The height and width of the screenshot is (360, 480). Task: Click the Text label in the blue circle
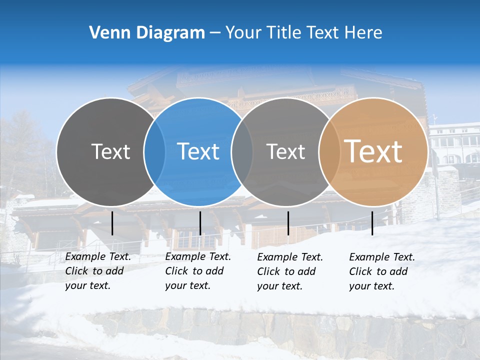[x=198, y=151]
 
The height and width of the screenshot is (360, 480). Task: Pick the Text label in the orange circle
[x=373, y=151]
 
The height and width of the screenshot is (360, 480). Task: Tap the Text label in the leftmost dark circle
[x=111, y=151]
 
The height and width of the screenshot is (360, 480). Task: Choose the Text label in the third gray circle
[x=286, y=151]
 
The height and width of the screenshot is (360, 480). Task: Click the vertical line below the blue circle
[x=200, y=223]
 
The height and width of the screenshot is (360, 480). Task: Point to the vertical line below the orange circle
[x=372, y=223]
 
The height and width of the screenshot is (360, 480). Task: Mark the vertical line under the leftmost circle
[x=112, y=223]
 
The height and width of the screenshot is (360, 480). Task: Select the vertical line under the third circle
[x=288, y=223]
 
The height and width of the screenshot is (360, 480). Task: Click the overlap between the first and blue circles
[x=154, y=151]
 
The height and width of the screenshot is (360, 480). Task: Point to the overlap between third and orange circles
[x=329, y=151]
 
